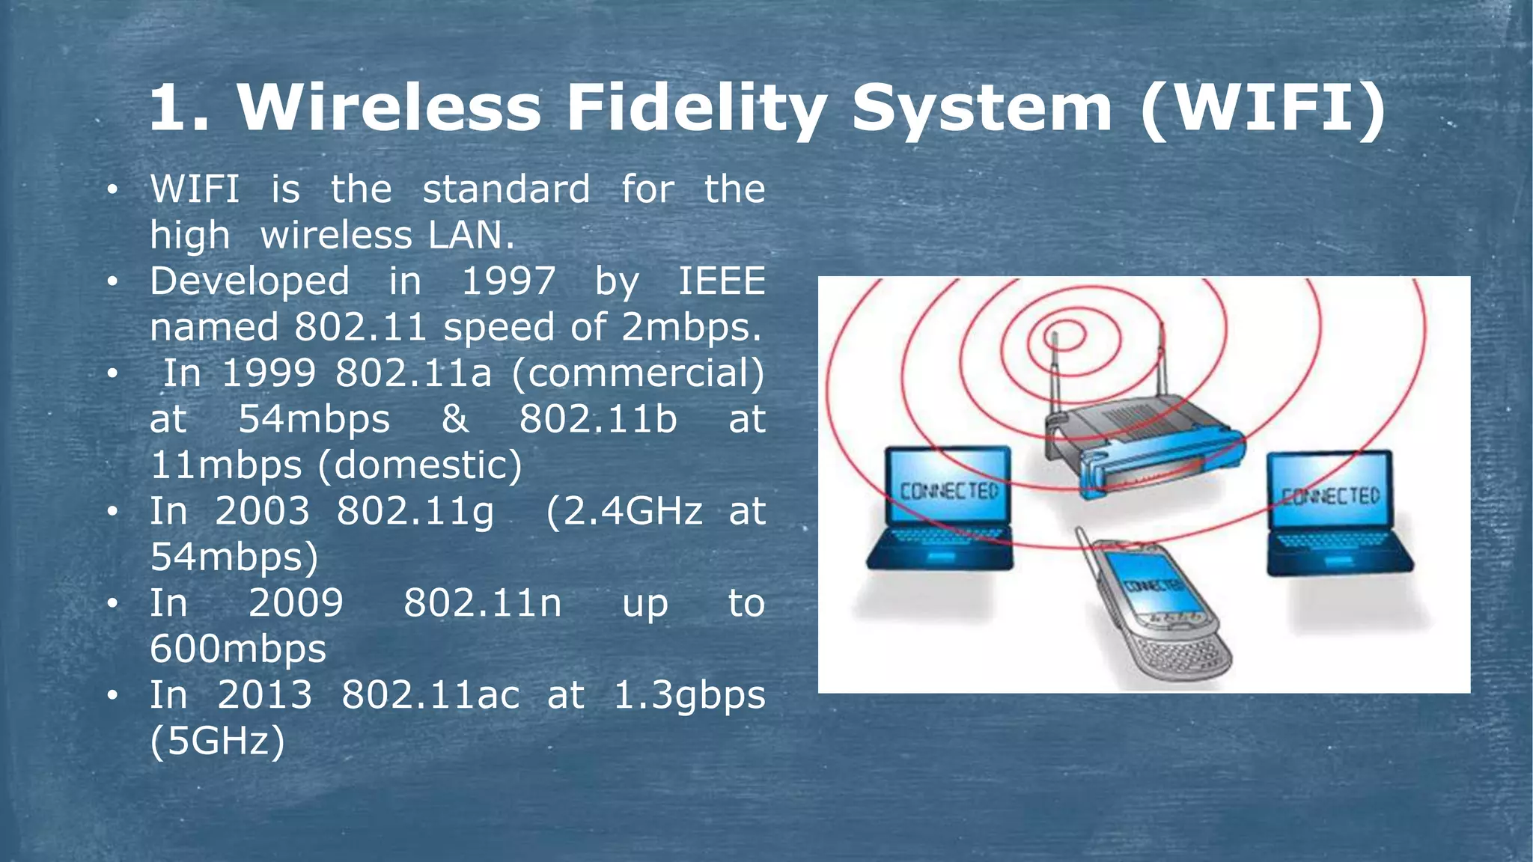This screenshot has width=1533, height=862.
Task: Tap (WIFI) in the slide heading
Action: point(1264,108)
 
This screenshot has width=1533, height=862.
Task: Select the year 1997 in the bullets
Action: point(509,282)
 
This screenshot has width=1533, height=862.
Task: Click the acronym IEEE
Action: point(722,282)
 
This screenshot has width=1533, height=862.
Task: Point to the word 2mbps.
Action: point(690,328)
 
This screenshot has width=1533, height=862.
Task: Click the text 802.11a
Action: point(413,373)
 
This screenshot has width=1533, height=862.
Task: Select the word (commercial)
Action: point(638,373)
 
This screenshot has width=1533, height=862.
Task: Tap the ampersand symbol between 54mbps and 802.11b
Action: point(455,419)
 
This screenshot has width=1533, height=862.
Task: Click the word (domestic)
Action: point(420,465)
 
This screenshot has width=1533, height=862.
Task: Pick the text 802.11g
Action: point(415,512)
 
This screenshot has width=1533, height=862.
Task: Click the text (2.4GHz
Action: point(624,512)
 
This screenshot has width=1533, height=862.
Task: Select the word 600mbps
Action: point(238,649)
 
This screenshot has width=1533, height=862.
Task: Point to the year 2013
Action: point(264,695)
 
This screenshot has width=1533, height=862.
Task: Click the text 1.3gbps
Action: point(689,695)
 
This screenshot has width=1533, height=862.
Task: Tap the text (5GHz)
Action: point(218,741)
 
